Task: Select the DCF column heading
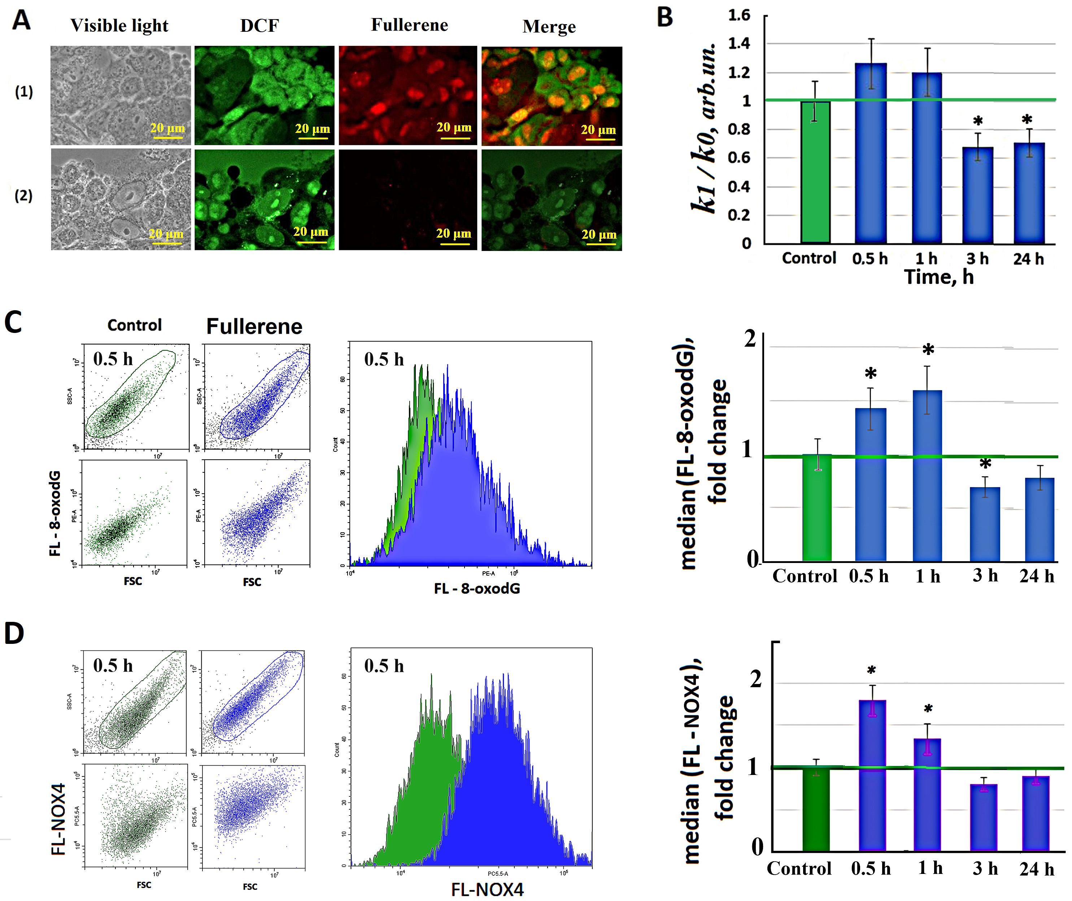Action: coord(259,26)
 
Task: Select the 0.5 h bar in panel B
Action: coord(871,153)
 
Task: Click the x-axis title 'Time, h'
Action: coord(939,277)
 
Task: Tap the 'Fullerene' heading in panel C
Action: coord(254,326)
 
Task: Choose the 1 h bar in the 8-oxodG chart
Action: coord(927,475)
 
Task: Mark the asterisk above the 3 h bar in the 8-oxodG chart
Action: coord(985,464)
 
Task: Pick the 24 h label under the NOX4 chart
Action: coord(1037,869)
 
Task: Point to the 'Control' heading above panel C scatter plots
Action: coord(134,325)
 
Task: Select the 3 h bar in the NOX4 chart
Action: coord(983,817)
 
